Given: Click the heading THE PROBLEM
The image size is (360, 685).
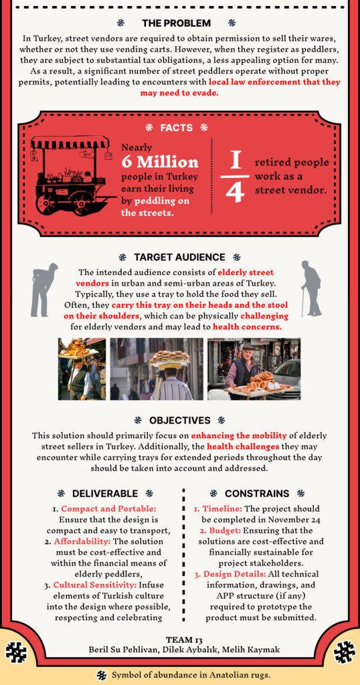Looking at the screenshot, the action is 176,23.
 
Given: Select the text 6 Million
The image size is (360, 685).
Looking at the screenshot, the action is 159,162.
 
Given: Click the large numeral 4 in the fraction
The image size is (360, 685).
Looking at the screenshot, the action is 235,193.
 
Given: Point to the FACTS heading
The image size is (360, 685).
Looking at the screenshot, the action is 177,128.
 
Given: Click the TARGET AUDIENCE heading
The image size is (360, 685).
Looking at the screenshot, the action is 179,258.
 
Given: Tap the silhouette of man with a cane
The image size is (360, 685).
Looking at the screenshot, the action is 312,288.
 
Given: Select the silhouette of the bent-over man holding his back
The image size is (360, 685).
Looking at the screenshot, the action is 43,289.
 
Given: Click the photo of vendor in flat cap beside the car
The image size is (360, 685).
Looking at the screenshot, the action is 254,369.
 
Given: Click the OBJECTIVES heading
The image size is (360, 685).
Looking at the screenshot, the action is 179,420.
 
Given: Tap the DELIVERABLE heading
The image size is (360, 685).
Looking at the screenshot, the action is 105,494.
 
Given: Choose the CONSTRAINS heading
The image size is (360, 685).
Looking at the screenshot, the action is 257,494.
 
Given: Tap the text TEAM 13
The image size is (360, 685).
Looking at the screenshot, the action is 179,640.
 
